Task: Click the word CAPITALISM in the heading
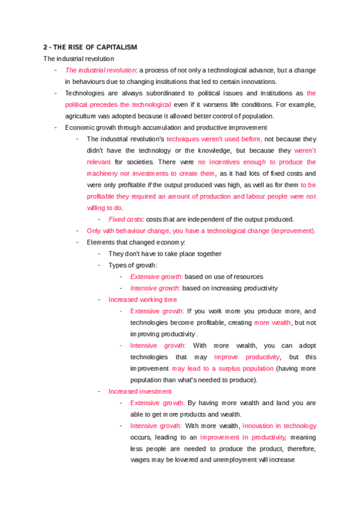116,47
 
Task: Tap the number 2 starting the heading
45,47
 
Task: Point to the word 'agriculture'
81,116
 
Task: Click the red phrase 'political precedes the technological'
118,104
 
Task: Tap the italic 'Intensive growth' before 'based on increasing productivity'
155,288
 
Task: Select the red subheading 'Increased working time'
143,300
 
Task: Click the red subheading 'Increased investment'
139,391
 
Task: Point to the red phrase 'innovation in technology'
278,426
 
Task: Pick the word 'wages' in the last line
139,460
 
